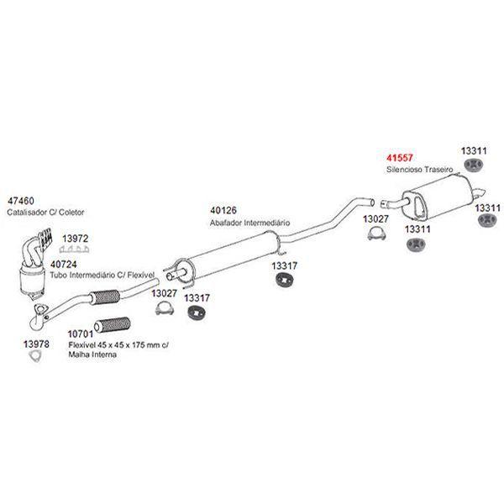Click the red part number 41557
[400, 157]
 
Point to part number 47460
[20, 202]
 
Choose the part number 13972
[75, 239]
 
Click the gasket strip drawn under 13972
[76, 250]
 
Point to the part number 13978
[36, 344]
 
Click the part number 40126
[223, 212]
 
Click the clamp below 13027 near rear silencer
[375, 234]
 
